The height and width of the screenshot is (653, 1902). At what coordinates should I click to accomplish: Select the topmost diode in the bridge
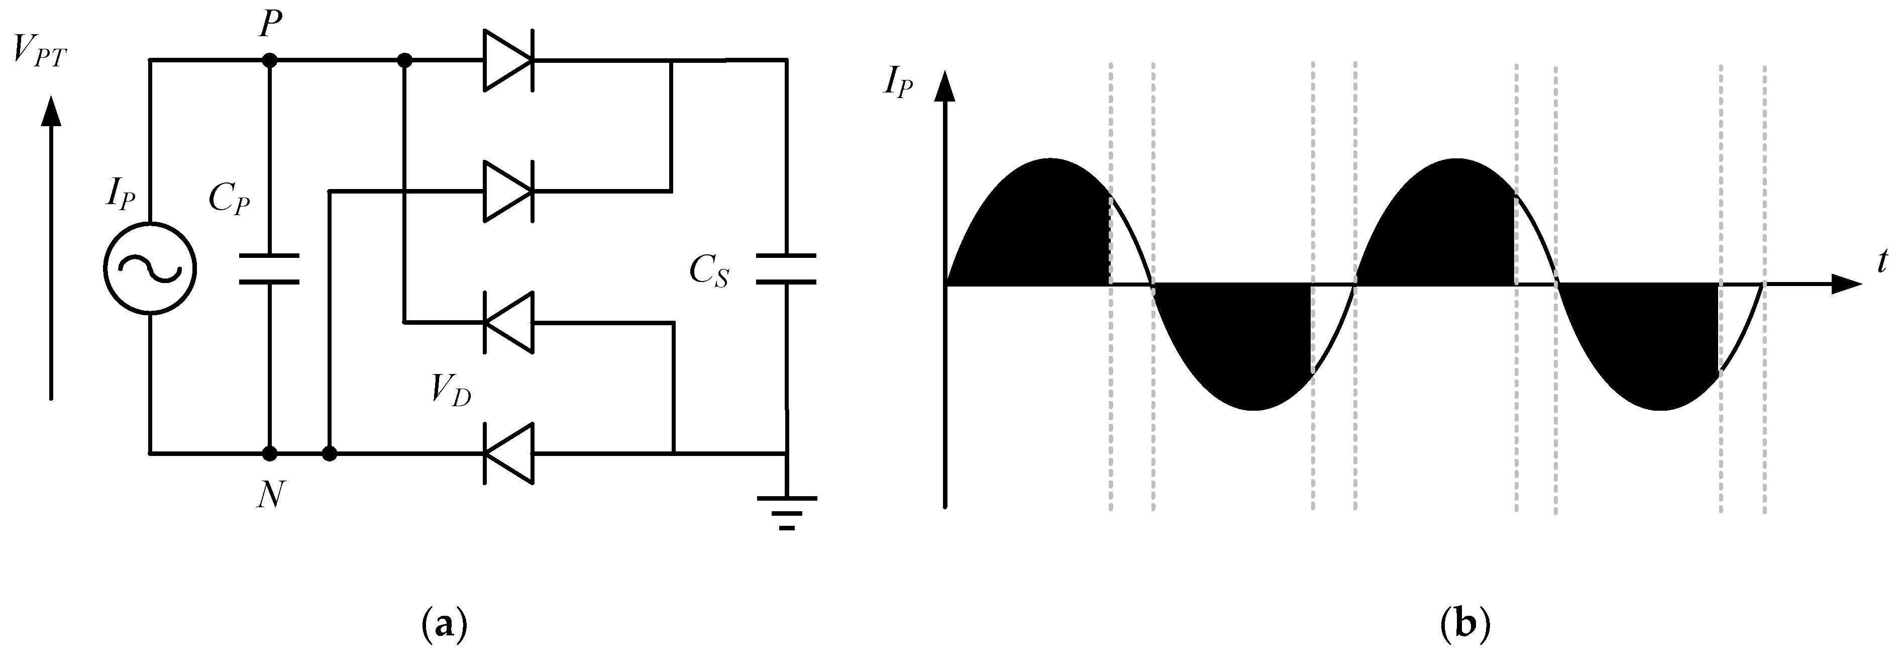pyautogui.click(x=508, y=60)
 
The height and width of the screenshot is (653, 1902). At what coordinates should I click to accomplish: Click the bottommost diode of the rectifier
pyautogui.click(x=508, y=453)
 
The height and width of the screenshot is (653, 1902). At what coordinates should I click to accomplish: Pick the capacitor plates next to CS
pyautogui.click(x=786, y=269)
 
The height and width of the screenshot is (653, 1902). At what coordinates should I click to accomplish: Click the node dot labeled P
pyautogui.click(x=270, y=60)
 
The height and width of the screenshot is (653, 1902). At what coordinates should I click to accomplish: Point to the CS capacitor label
pyautogui.click(x=709, y=272)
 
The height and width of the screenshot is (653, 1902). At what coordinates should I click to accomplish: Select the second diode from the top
pyautogui.click(x=508, y=192)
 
